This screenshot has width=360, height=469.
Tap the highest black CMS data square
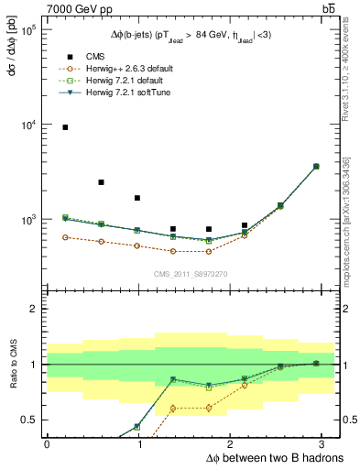tap(65, 127)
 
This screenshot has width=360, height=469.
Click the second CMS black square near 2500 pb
tap(101, 182)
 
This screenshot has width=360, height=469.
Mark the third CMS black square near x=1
tap(136, 198)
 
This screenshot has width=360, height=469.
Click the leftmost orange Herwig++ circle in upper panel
tap(65, 237)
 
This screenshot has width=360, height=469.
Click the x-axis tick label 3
tap(324, 443)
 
